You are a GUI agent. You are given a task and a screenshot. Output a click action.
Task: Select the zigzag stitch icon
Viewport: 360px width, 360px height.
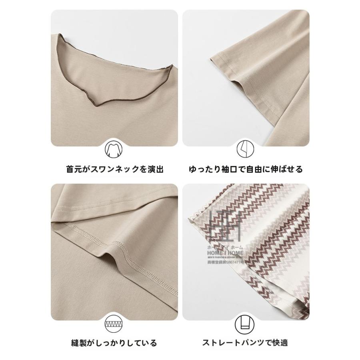(114, 324)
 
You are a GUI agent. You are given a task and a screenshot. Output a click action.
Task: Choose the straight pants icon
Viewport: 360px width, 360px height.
(246, 324)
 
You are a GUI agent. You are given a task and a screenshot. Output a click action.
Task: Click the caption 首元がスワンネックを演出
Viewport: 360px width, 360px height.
(115, 169)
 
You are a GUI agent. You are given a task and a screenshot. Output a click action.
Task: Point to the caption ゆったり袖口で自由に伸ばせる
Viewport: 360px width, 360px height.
(246, 169)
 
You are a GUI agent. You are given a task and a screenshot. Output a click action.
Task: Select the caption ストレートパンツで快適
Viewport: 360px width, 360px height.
(245, 343)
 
